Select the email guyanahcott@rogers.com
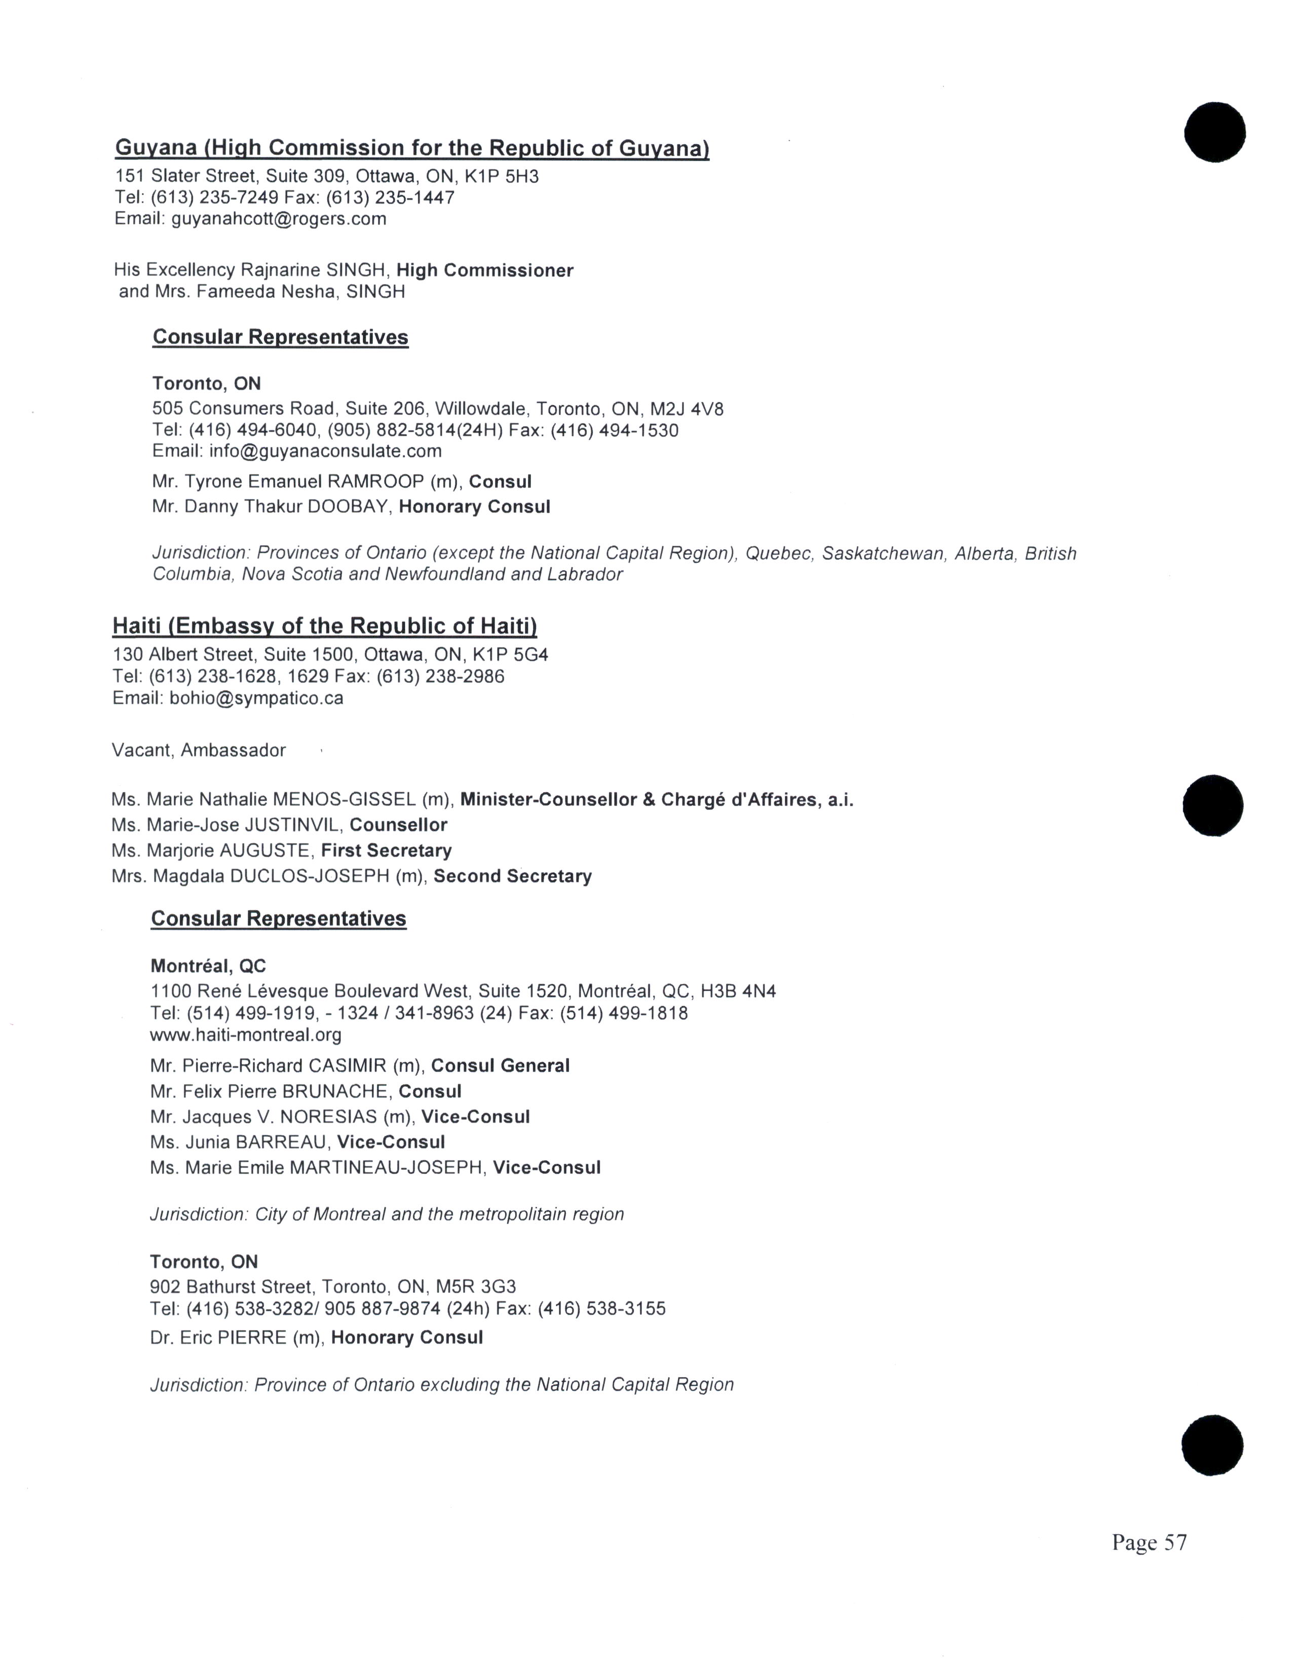[x=279, y=219]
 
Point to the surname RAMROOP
[x=376, y=481]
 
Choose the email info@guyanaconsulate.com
[x=325, y=451]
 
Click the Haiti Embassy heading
[x=325, y=626]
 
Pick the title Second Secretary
[x=513, y=876]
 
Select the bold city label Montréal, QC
[x=208, y=966]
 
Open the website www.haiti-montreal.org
[x=246, y=1035]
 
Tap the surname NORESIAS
[x=328, y=1117]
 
